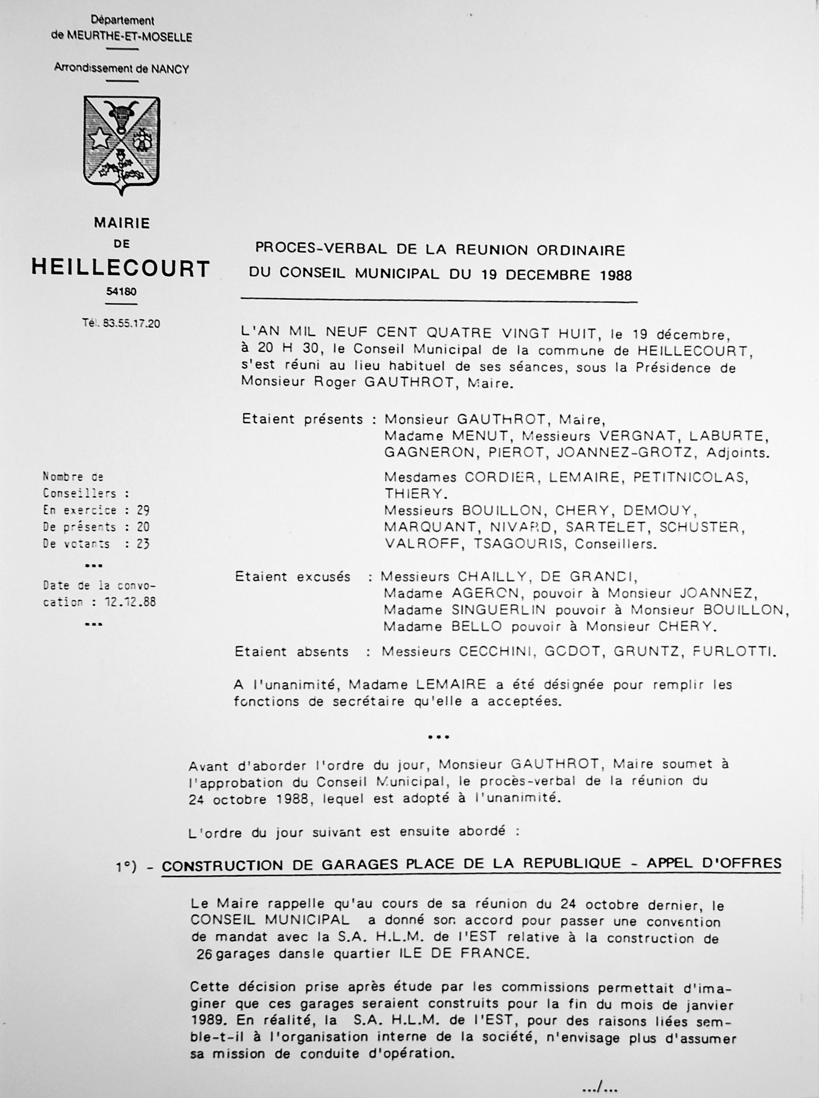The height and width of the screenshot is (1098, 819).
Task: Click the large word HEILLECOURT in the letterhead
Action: [x=121, y=268]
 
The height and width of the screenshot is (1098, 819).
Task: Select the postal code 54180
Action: [x=121, y=292]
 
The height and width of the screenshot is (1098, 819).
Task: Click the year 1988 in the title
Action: [x=615, y=276]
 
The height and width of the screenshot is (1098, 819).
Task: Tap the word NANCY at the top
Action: [x=171, y=70]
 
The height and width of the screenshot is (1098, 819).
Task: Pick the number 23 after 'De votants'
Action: [x=143, y=544]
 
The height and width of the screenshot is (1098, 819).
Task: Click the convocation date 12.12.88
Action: [x=130, y=602]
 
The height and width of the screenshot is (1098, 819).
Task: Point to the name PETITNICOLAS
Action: [x=689, y=478]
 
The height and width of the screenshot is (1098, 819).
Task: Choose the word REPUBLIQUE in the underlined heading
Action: [x=571, y=864]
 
